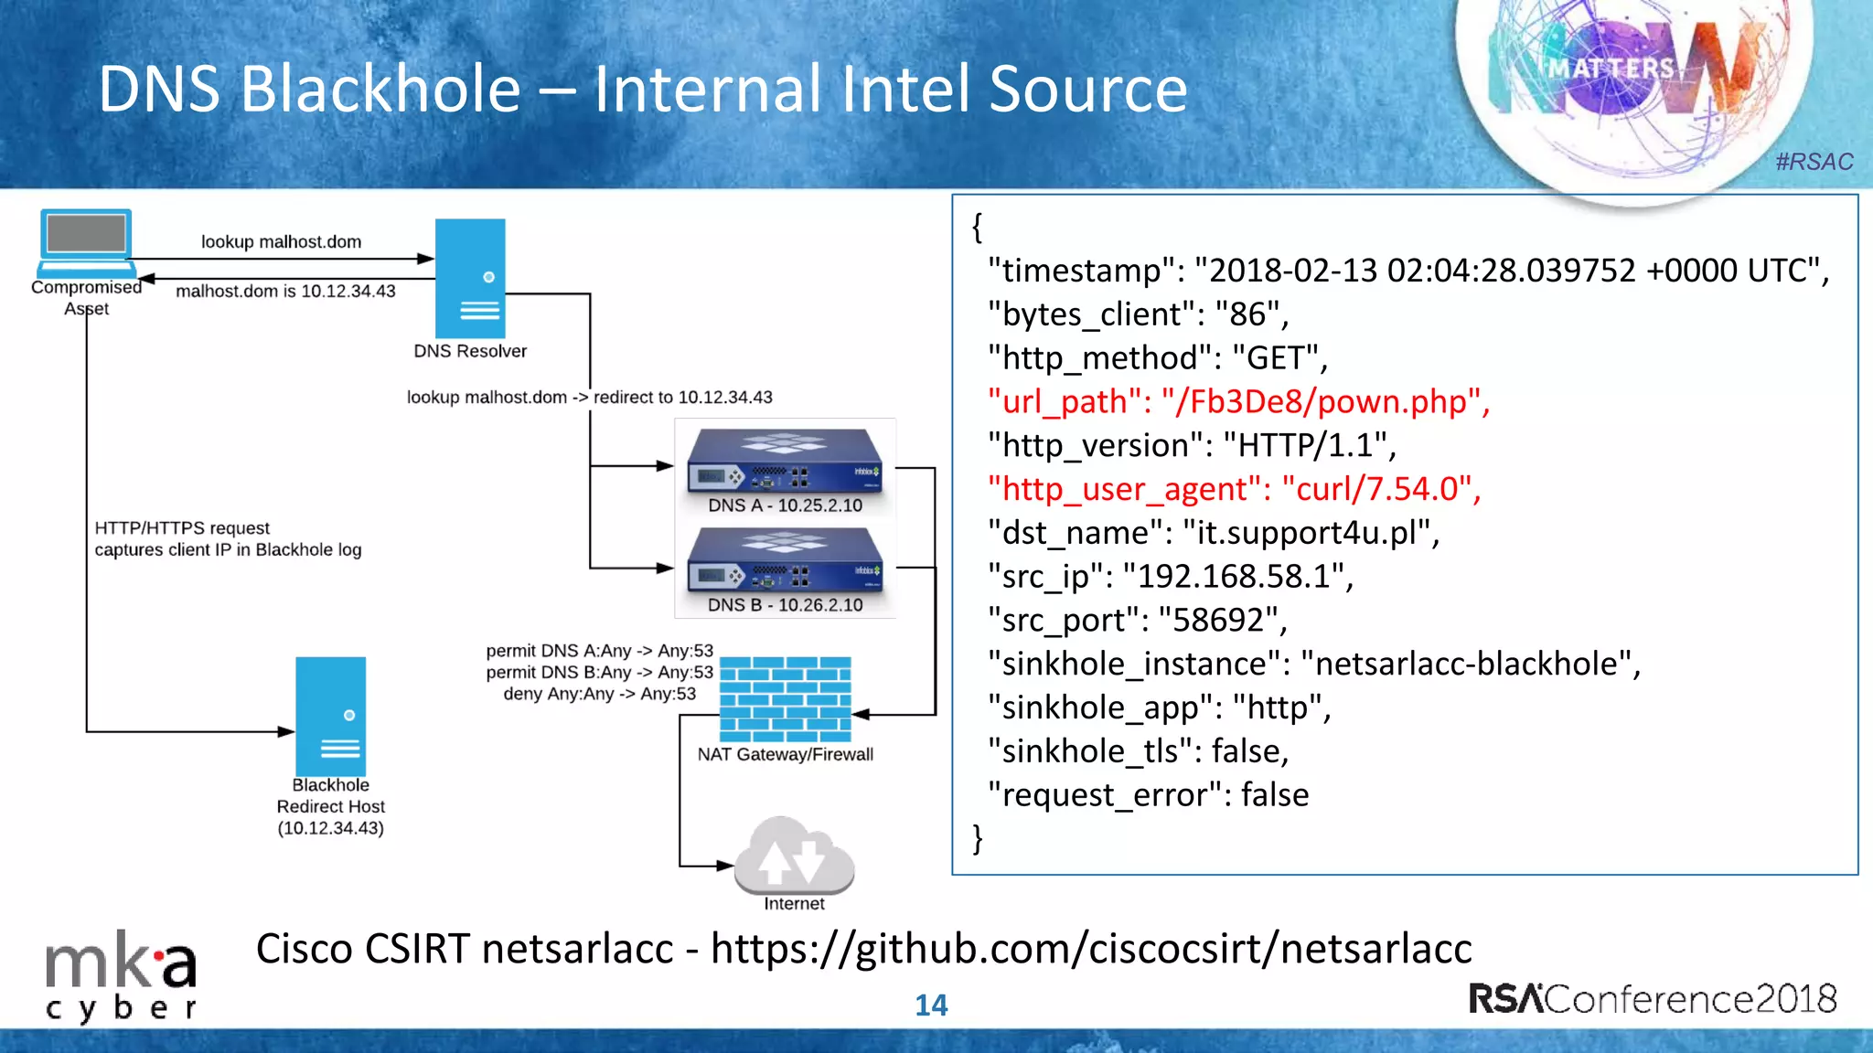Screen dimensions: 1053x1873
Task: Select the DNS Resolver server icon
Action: click(470, 279)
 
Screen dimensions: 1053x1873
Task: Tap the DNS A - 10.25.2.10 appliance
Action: click(785, 463)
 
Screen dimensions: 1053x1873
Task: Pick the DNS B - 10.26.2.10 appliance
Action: click(785, 562)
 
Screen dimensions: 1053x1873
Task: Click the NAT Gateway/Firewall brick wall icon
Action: click(785, 699)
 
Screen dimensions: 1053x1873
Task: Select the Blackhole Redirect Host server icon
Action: click(330, 717)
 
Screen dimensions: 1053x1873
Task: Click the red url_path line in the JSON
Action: click(1238, 402)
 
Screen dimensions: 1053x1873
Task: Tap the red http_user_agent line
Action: click(1234, 490)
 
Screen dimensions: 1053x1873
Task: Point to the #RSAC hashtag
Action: click(1814, 162)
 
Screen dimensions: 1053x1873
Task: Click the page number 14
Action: click(931, 1005)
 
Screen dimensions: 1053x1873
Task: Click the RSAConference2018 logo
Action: click(1652, 999)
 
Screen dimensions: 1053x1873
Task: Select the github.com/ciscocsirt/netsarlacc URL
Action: click(1091, 949)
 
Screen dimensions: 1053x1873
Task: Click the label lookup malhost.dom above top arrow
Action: click(281, 242)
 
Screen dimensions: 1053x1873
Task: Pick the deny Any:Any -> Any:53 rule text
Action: click(599, 694)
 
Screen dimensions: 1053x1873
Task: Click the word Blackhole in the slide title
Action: click(380, 90)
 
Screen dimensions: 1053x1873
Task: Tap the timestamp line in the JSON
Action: click(1407, 271)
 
